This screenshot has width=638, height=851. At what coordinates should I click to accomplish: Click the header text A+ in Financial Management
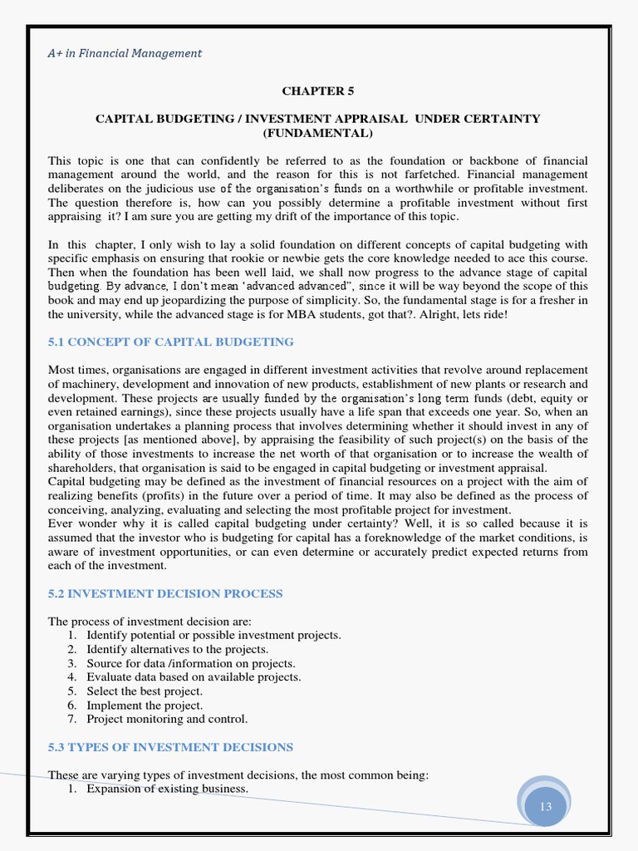125,53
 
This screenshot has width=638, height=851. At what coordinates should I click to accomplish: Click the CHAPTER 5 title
318,91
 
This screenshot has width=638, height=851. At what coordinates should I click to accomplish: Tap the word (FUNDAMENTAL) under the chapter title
318,133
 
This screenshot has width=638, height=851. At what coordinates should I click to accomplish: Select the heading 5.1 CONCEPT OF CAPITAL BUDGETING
170,342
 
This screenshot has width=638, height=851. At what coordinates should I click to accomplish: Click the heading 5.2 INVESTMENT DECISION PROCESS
165,593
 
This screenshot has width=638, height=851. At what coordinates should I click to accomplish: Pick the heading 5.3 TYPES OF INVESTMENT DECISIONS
170,747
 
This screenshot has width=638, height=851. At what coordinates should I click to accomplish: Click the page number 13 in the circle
546,807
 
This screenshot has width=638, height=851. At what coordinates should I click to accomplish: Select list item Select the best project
145,691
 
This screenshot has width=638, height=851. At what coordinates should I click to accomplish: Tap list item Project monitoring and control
167,719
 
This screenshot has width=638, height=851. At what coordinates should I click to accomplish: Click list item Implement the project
145,706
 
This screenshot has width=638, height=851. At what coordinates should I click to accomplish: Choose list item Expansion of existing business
167,789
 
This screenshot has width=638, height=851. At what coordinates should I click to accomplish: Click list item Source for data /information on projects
190,663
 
